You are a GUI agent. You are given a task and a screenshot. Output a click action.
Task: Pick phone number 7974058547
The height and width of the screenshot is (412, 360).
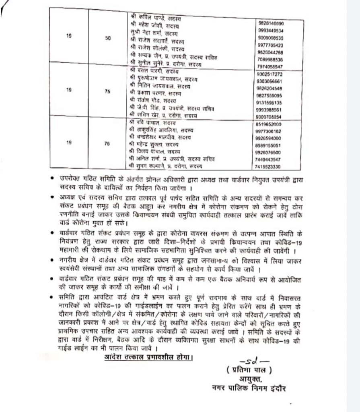click(271, 66)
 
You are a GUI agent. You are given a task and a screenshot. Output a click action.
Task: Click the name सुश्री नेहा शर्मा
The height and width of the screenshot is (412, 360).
click(153, 32)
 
